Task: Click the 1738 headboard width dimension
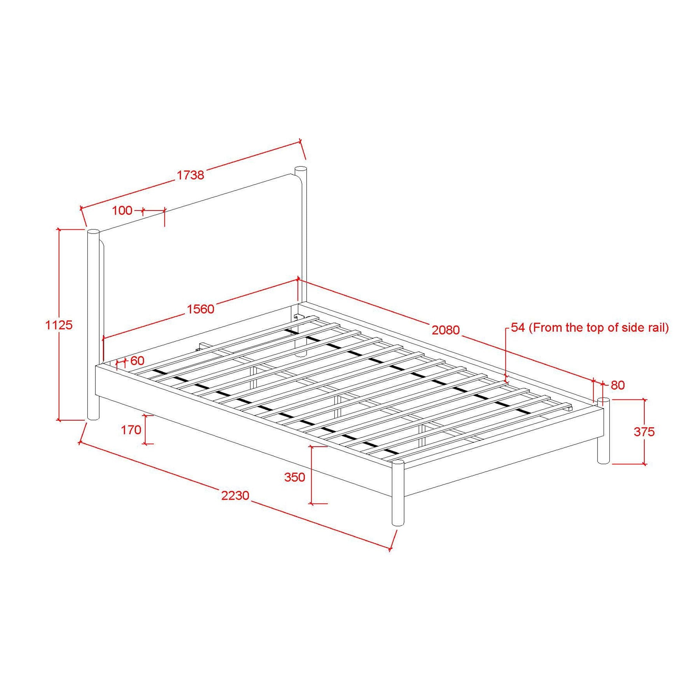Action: point(191,175)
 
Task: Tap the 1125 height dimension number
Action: point(59,325)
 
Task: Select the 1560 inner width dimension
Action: point(201,309)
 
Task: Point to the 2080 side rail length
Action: point(446,330)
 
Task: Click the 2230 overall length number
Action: point(235,495)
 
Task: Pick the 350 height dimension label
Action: point(295,477)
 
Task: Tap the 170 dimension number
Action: point(131,430)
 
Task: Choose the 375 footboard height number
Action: point(644,432)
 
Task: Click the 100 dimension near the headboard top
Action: point(122,211)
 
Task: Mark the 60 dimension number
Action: point(137,361)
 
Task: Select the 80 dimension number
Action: point(618,385)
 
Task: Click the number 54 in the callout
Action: point(518,328)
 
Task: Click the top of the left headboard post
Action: point(93,232)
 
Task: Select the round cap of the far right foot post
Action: point(604,401)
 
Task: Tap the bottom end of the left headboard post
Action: point(93,418)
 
